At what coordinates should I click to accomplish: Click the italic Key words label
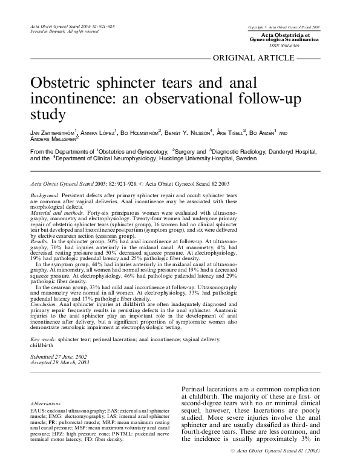point(43,341)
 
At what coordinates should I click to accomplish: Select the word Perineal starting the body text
point(196,390)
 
